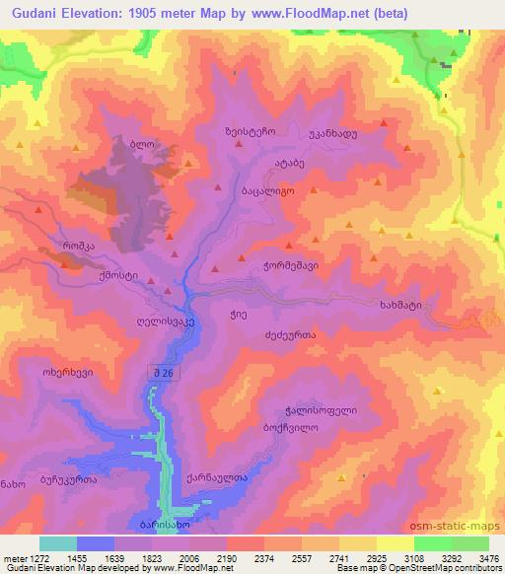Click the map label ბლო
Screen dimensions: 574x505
(x=144, y=143)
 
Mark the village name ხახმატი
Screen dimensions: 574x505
(x=400, y=306)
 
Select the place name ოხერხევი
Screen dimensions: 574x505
(x=67, y=374)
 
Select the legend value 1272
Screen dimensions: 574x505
(x=36, y=557)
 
